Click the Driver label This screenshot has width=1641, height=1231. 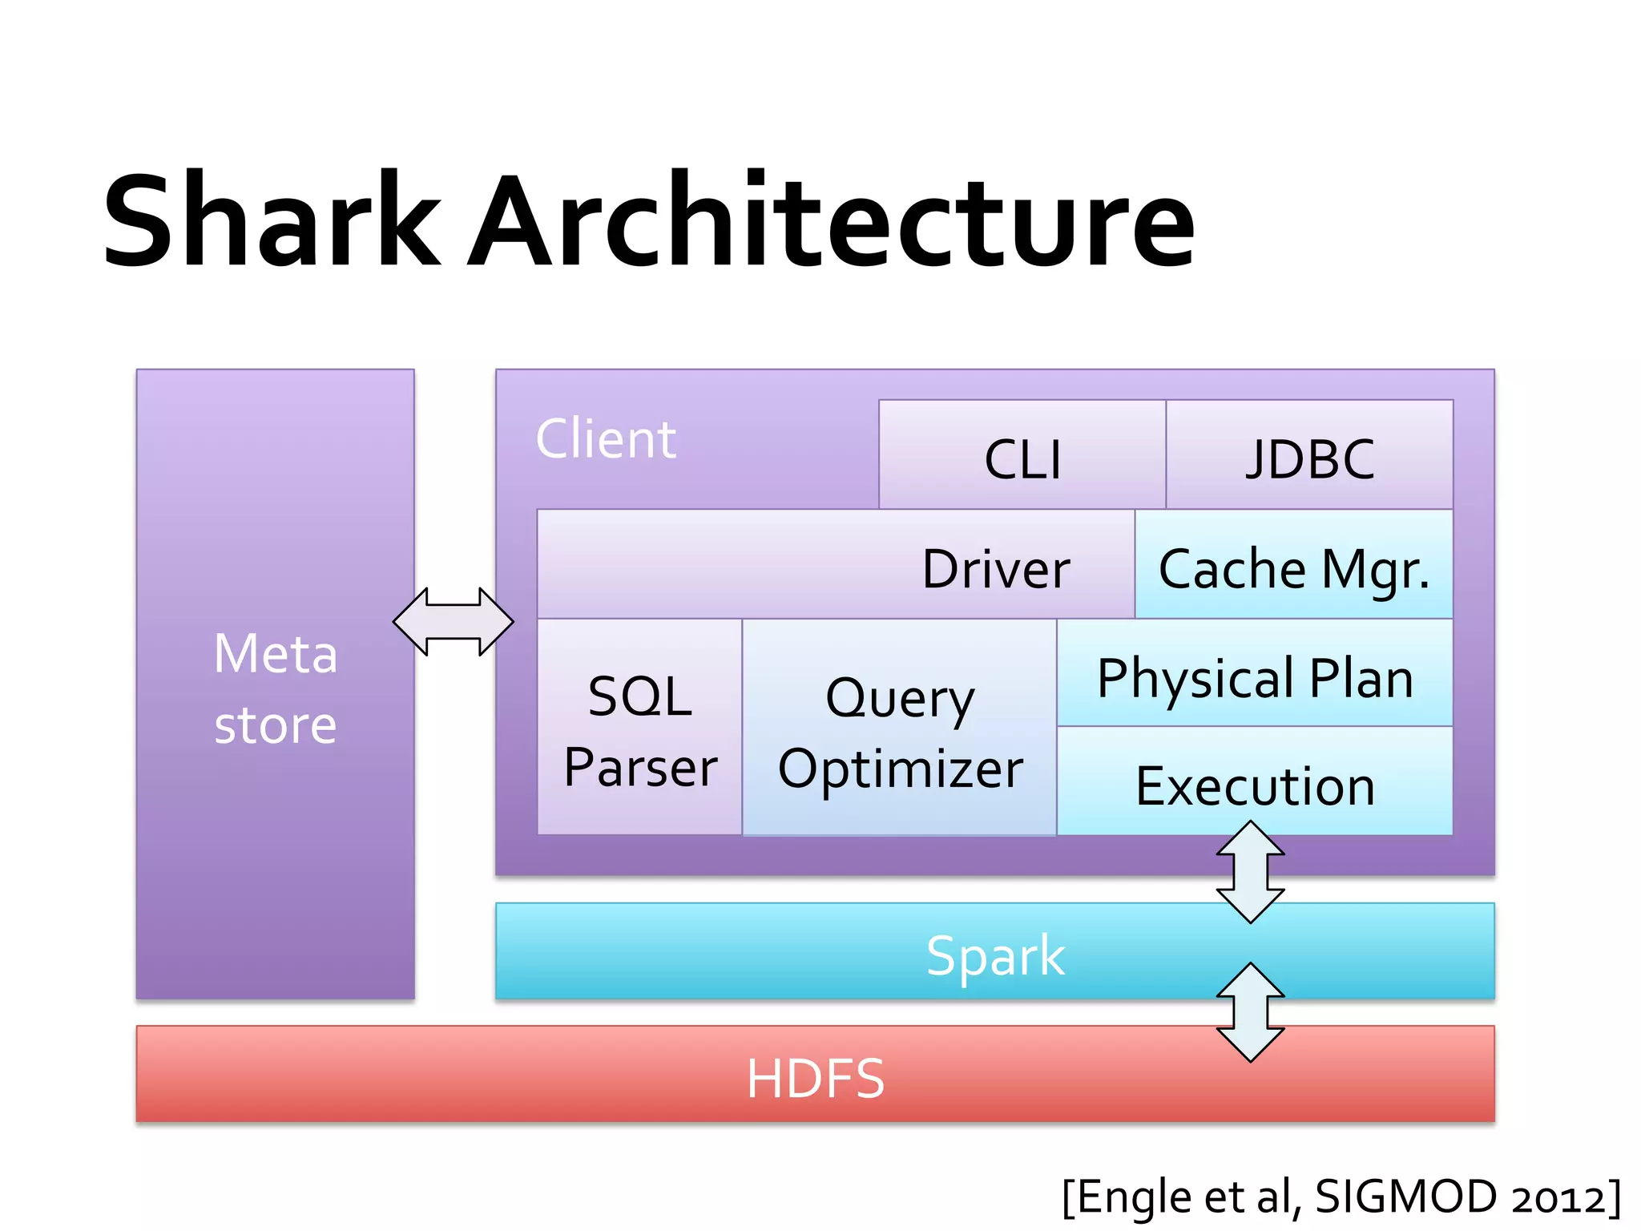pos(995,569)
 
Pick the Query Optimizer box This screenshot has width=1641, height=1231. pos(899,731)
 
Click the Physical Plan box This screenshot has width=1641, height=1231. pos(1255,677)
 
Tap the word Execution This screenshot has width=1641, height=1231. pos(1255,785)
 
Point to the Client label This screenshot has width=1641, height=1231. pos(606,439)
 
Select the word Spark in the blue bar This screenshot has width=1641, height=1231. pos(995,955)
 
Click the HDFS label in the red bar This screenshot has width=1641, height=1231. pos(815,1078)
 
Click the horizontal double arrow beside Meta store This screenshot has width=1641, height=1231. pos(454,622)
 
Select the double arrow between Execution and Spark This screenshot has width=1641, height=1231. pos(1250,872)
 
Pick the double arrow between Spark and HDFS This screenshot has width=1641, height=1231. pos(1250,1012)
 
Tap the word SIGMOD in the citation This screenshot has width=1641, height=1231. pos(1406,1196)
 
